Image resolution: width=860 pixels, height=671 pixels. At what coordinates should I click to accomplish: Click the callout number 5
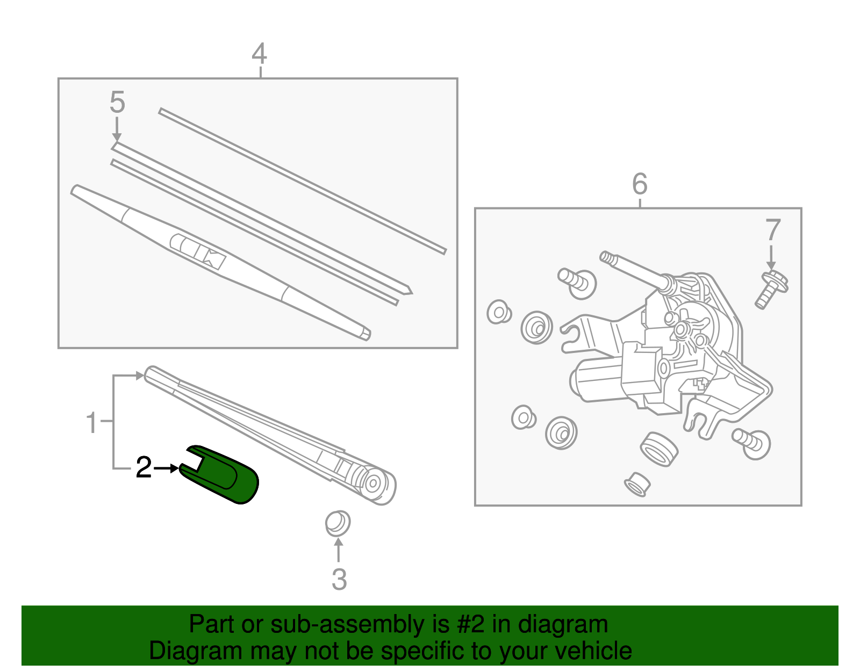click(117, 102)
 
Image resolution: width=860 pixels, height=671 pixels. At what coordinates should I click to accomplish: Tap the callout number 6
click(640, 184)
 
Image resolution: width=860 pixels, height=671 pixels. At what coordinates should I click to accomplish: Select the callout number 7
click(772, 230)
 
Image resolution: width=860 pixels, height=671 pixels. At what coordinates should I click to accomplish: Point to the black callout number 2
click(144, 467)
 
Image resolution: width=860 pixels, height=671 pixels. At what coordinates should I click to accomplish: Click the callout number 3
click(339, 579)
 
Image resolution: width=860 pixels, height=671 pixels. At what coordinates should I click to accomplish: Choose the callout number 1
click(92, 423)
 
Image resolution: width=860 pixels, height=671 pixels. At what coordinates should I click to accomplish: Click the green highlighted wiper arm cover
click(226, 474)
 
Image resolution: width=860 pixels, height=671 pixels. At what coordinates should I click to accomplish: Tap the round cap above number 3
click(338, 523)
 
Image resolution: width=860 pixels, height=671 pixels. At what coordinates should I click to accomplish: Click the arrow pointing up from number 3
click(338, 550)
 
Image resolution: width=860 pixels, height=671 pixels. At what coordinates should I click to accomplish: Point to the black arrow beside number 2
click(167, 468)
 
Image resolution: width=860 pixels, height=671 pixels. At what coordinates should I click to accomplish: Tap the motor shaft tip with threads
click(606, 257)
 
